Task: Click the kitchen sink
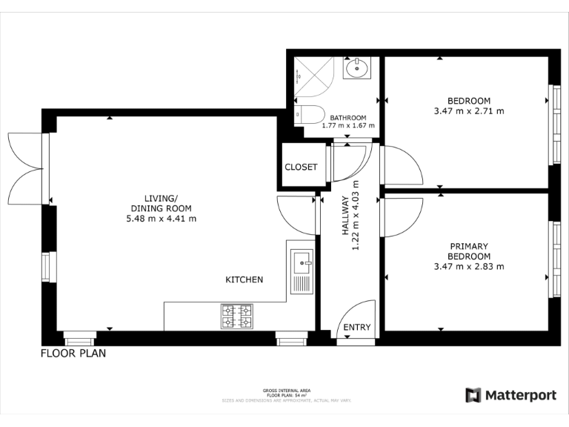[x=302, y=262]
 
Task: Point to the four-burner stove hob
[x=236, y=317]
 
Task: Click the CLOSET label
[x=301, y=168]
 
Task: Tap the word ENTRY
[x=357, y=328]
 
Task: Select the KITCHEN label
[x=244, y=279]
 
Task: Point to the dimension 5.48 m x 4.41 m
[x=161, y=219]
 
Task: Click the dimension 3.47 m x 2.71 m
[x=468, y=111]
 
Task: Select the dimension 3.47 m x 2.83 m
[x=468, y=266]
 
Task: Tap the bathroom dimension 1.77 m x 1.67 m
[x=348, y=126]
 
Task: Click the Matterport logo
[x=510, y=395]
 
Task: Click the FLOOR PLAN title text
[x=73, y=354]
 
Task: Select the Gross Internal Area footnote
[x=286, y=395]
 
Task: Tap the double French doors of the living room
[x=26, y=168]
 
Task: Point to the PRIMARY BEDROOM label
[x=469, y=251]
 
